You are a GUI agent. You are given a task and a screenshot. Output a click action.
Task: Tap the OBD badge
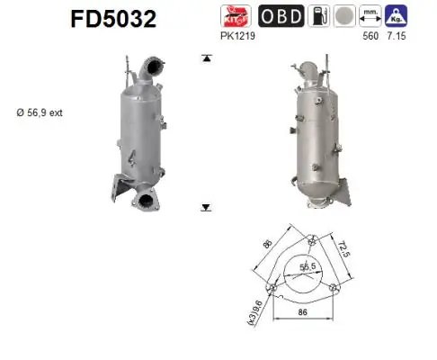[281, 17]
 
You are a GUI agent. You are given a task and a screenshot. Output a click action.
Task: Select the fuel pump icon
[317, 17]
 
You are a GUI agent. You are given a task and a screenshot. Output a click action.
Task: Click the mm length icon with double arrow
[369, 17]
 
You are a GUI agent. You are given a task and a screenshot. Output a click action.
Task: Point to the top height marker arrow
[206, 58]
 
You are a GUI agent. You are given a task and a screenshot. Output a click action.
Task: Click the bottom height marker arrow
[206, 206]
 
